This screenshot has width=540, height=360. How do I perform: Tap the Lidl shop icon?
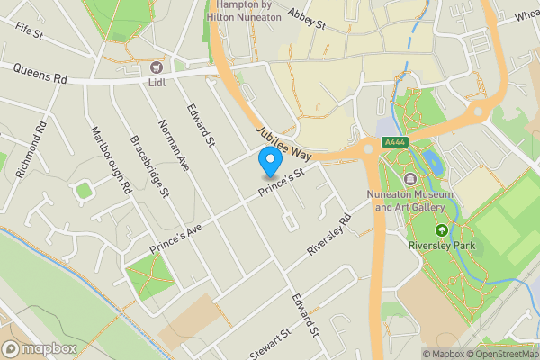pyautogui.click(x=157, y=67)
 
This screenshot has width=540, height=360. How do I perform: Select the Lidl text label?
pyautogui.click(x=157, y=83)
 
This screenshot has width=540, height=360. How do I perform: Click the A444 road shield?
pyautogui.click(x=393, y=141)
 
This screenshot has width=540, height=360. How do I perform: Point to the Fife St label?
pyautogui.click(x=29, y=31)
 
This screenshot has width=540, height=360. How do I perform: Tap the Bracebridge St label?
pyautogui.click(x=149, y=166)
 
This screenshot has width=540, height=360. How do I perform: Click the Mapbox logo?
pyautogui.click(x=38, y=348)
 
